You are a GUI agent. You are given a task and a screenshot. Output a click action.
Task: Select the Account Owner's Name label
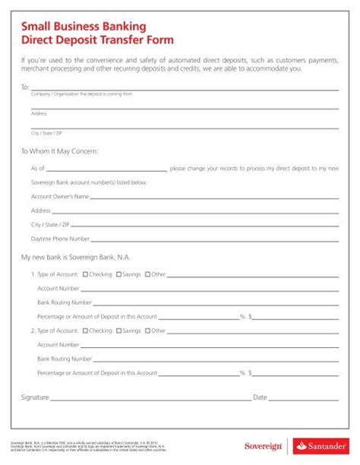pos(60,197)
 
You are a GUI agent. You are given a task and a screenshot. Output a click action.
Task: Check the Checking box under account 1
pos(85,274)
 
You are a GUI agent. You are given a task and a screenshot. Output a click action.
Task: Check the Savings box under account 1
pos(118,274)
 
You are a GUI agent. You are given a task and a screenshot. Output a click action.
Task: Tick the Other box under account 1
pos(147,274)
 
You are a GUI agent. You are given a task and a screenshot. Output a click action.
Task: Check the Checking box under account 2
pos(85,331)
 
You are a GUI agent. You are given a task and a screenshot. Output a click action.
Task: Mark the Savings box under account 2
pos(118,331)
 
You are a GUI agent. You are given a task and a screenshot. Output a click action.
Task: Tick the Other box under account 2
pos(147,331)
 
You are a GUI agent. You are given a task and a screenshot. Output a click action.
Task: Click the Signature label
pos(36,397)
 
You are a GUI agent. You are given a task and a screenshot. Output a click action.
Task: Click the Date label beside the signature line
pos(260,397)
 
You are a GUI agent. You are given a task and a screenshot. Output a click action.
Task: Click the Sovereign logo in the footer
pos(263,445)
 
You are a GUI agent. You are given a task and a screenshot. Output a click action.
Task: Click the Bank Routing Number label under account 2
pos(65,359)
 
